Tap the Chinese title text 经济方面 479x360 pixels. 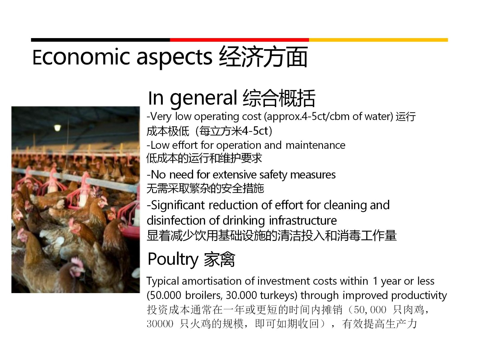click(263, 57)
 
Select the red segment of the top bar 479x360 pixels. click(239, 40)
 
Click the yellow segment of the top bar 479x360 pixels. click(378, 40)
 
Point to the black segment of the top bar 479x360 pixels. click(100, 40)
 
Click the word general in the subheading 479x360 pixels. click(203, 99)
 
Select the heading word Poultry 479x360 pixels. click(173, 260)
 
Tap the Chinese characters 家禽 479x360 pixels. click(219, 259)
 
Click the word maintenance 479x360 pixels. click(315, 145)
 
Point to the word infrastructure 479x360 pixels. click(303, 220)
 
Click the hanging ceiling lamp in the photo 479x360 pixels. click(57, 127)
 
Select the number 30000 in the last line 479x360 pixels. click(160, 324)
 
